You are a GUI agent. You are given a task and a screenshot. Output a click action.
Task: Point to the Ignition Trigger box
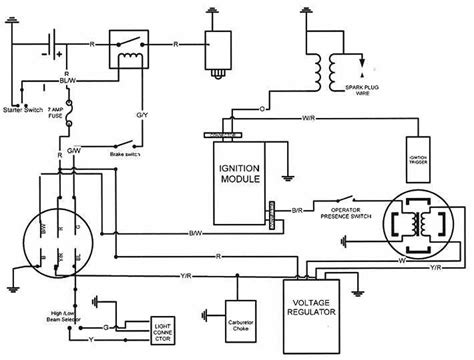coord(420,157)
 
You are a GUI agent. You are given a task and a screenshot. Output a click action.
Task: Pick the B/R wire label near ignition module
coord(298,211)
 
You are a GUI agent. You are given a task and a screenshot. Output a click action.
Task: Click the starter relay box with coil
coord(127,52)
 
